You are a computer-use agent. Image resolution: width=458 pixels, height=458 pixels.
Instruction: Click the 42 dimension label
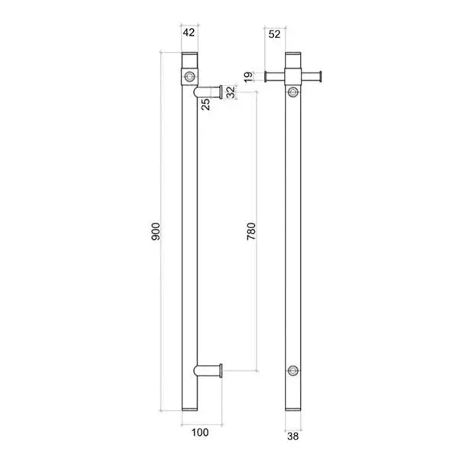click(189, 32)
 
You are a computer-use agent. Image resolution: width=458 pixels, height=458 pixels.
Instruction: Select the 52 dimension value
click(274, 34)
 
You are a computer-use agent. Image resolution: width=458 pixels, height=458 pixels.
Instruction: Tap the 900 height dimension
click(156, 231)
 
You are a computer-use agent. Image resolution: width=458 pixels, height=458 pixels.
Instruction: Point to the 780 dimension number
click(251, 231)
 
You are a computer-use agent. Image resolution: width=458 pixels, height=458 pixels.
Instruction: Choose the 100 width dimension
click(200, 432)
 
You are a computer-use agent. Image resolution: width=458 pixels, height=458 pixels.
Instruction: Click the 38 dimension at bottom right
click(293, 437)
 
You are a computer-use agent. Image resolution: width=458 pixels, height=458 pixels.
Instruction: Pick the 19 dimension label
click(248, 77)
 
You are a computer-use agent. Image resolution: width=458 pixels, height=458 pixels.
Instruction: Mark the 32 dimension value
click(231, 92)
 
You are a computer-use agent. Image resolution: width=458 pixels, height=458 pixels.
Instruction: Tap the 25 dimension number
click(205, 105)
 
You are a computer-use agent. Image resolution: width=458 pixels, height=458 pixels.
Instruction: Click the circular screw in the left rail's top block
click(189, 77)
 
